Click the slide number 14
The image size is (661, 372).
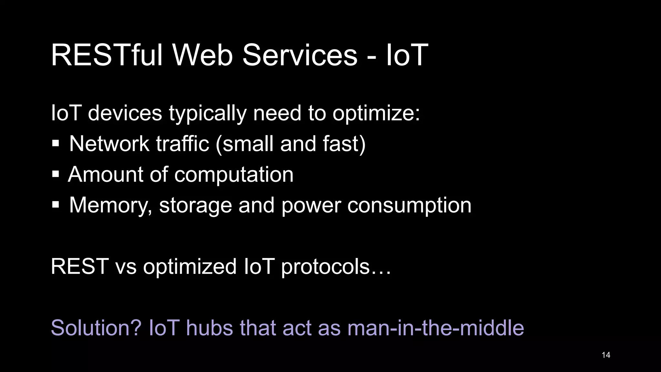606,355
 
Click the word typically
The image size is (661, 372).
208,114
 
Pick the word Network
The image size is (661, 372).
109,144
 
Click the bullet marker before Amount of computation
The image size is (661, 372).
56,174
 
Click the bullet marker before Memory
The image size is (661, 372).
56,205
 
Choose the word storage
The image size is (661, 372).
196,206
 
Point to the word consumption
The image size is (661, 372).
409,206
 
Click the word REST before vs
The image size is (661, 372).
79,266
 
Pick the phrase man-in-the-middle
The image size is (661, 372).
435,328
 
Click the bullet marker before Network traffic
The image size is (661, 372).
56,144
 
